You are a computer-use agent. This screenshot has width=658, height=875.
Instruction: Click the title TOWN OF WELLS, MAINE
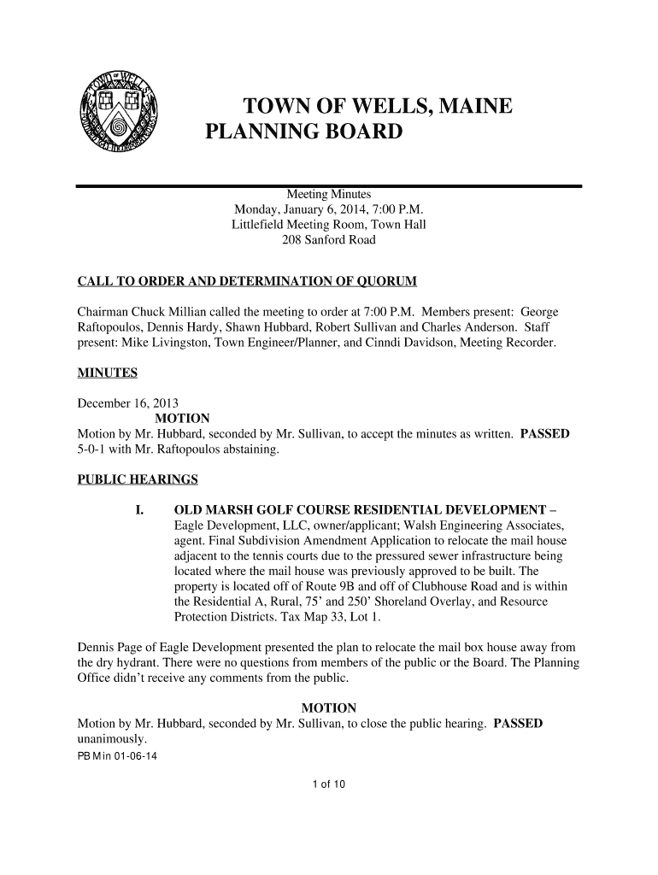[378, 108]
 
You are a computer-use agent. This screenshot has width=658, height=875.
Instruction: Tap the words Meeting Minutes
[328, 195]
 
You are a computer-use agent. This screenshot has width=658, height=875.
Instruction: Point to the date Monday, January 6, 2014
[301, 210]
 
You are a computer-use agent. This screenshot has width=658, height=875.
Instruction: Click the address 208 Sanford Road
[328, 241]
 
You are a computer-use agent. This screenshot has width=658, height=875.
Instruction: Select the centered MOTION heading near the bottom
[329, 708]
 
